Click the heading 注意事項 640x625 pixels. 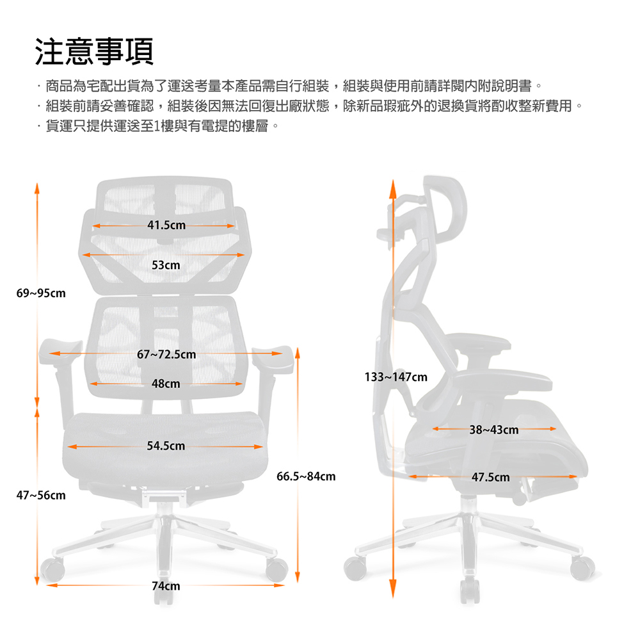(x=94, y=51)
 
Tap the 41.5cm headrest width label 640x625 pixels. (x=166, y=225)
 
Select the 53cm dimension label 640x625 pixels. (x=166, y=265)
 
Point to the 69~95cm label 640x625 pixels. (x=41, y=293)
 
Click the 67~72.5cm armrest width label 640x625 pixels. (x=166, y=354)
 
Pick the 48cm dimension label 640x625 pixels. (x=166, y=384)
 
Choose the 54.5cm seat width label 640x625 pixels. (x=166, y=446)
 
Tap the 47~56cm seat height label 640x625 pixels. (x=41, y=496)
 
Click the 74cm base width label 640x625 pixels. (x=166, y=586)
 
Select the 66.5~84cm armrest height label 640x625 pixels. (x=306, y=476)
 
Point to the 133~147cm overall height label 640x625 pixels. (x=396, y=377)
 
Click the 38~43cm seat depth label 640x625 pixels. (x=494, y=430)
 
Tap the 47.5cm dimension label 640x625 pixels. (x=491, y=477)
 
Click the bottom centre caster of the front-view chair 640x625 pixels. (x=164, y=597)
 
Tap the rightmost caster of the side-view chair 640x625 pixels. (x=582, y=568)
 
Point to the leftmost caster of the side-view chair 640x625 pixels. (x=355, y=568)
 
